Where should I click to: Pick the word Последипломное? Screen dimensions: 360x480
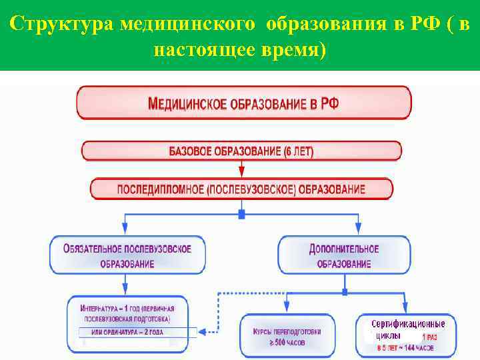click(x=161, y=189)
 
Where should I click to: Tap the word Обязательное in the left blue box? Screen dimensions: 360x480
click(x=94, y=249)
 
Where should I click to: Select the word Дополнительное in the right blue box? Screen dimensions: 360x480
click(x=344, y=249)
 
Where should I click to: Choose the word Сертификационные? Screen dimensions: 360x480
click(x=407, y=323)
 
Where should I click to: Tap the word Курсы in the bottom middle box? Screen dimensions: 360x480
click(x=265, y=331)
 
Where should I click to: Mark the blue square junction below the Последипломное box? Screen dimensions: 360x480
click(x=241, y=214)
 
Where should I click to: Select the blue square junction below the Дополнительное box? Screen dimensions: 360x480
click(x=344, y=292)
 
